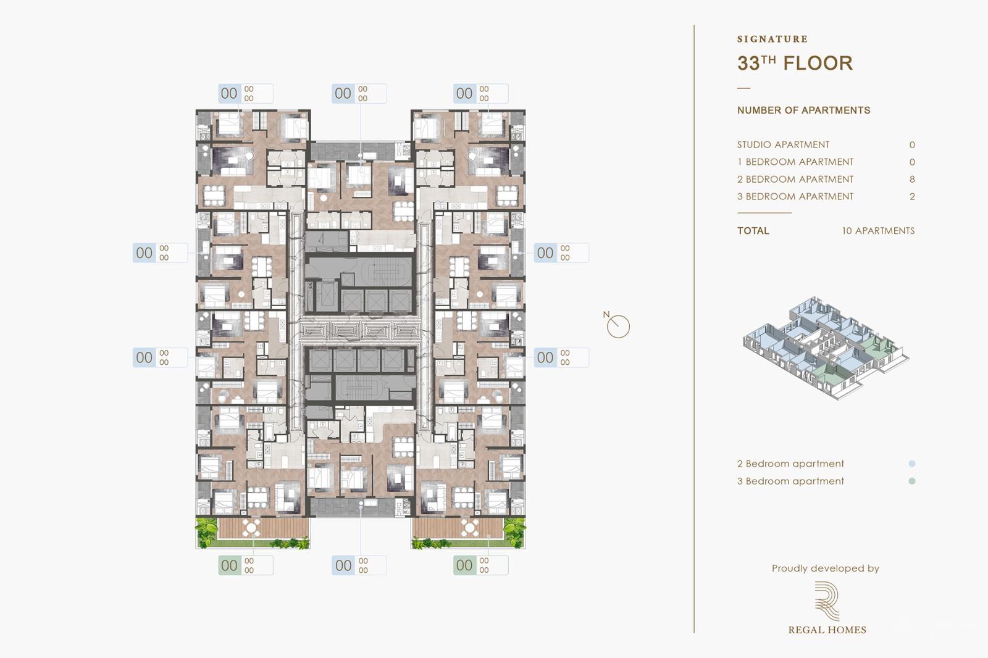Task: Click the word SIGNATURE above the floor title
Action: click(772, 39)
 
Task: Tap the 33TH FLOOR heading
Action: click(795, 63)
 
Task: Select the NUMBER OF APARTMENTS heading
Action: click(803, 110)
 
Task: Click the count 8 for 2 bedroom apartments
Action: click(912, 180)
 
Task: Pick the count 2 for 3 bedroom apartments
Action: click(912, 197)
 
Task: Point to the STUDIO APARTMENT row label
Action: click(783, 145)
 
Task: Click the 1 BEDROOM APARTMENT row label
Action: click(795, 162)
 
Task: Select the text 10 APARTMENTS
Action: click(878, 231)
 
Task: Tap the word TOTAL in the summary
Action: click(753, 231)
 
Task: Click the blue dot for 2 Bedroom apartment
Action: click(912, 464)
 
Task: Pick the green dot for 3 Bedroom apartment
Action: click(912, 481)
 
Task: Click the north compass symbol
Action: click(617, 326)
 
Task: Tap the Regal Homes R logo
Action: click(826, 601)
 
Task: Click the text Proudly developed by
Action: click(825, 568)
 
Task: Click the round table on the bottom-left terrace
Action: click(251, 528)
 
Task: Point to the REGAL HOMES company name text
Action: click(827, 630)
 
